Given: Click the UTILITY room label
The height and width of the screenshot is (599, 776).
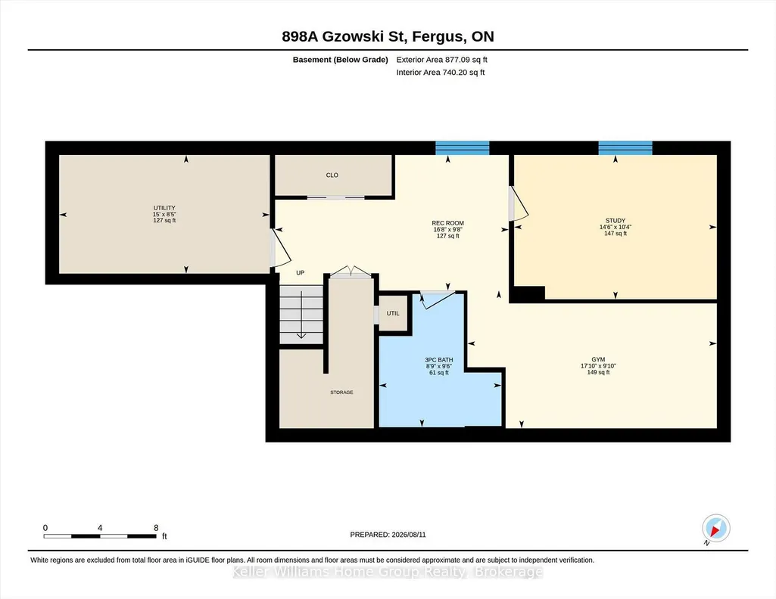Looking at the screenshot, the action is pos(164,208).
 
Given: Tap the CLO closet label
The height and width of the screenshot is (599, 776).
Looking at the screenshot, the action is pos(332,175).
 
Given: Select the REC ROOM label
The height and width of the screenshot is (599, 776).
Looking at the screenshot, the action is pos(448,223).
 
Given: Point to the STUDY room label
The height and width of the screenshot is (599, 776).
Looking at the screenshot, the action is pos(616,220).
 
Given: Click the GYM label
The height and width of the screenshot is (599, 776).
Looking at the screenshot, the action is pos(598,359).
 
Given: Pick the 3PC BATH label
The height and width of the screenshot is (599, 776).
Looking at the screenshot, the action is pos(439,360).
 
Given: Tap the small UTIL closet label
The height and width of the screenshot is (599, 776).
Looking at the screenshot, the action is pos(393,313).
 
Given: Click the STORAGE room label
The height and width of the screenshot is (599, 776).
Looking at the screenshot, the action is pos(342,393).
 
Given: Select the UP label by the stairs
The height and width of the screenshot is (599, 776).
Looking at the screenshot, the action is pos(301,272).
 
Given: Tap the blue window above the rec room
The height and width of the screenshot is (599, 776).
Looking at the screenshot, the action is pos(463,147).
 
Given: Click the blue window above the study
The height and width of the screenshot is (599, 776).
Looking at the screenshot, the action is pos(625,147).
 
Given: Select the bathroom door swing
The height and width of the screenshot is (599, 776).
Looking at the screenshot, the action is pos(438,299).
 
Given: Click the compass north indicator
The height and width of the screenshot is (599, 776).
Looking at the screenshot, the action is pos(715,529).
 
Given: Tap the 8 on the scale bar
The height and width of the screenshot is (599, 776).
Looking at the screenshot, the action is pos(156,528).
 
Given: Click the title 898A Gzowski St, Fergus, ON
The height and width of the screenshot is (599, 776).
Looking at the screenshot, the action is pos(388,36).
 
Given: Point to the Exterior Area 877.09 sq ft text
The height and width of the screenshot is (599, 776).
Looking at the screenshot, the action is pos(442,60).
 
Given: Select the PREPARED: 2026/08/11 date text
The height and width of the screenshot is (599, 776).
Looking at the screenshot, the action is pos(388,535).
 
